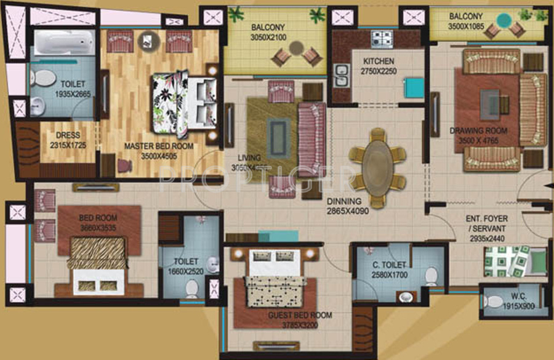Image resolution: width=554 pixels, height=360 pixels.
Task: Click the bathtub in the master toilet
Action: [x=62, y=42]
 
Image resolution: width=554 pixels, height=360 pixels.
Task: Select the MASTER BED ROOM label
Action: [x=159, y=146]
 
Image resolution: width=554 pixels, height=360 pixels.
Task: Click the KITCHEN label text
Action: [x=379, y=62]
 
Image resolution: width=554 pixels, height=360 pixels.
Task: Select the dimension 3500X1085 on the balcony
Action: [x=468, y=27]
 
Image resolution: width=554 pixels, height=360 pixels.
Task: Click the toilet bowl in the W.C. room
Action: [x=494, y=302]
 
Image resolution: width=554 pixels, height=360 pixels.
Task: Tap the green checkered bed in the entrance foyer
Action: [x=506, y=262]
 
